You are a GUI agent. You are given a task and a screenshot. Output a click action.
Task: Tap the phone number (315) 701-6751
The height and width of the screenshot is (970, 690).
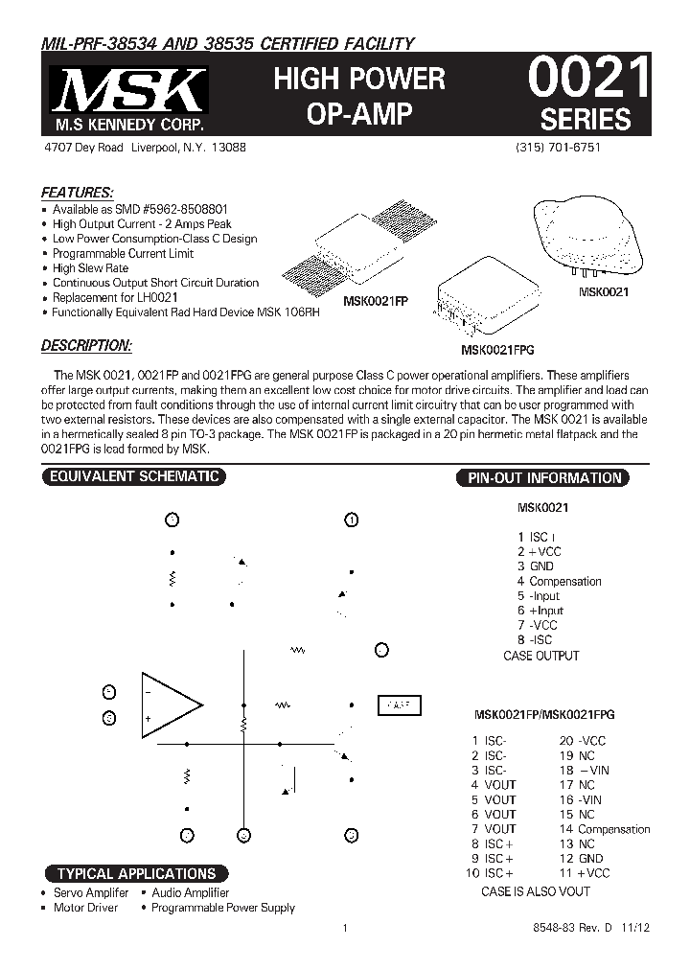558,148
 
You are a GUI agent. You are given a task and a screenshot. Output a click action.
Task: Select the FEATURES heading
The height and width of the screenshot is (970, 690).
77,192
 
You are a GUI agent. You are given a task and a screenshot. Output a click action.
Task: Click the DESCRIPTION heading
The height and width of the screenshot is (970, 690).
86,346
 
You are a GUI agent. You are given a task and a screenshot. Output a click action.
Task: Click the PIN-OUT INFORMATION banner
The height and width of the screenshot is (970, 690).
543,477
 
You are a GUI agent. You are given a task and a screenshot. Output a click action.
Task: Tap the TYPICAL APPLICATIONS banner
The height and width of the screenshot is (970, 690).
136,873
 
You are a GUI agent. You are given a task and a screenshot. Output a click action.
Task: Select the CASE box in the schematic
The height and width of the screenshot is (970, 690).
398,704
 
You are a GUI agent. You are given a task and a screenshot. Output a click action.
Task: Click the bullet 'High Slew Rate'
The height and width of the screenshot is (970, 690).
90,268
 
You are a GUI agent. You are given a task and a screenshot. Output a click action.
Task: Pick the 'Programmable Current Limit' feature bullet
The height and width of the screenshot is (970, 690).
123,253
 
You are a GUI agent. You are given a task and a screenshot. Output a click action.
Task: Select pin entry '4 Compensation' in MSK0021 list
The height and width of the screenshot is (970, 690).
560,581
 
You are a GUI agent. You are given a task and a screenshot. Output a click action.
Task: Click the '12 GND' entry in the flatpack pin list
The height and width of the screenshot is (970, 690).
582,859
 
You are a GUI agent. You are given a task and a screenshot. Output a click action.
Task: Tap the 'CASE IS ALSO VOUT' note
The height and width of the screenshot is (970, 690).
535,891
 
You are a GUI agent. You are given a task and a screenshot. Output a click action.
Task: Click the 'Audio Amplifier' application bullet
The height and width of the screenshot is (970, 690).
190,892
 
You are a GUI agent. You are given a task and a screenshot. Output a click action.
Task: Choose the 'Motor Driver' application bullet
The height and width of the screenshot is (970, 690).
85,908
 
